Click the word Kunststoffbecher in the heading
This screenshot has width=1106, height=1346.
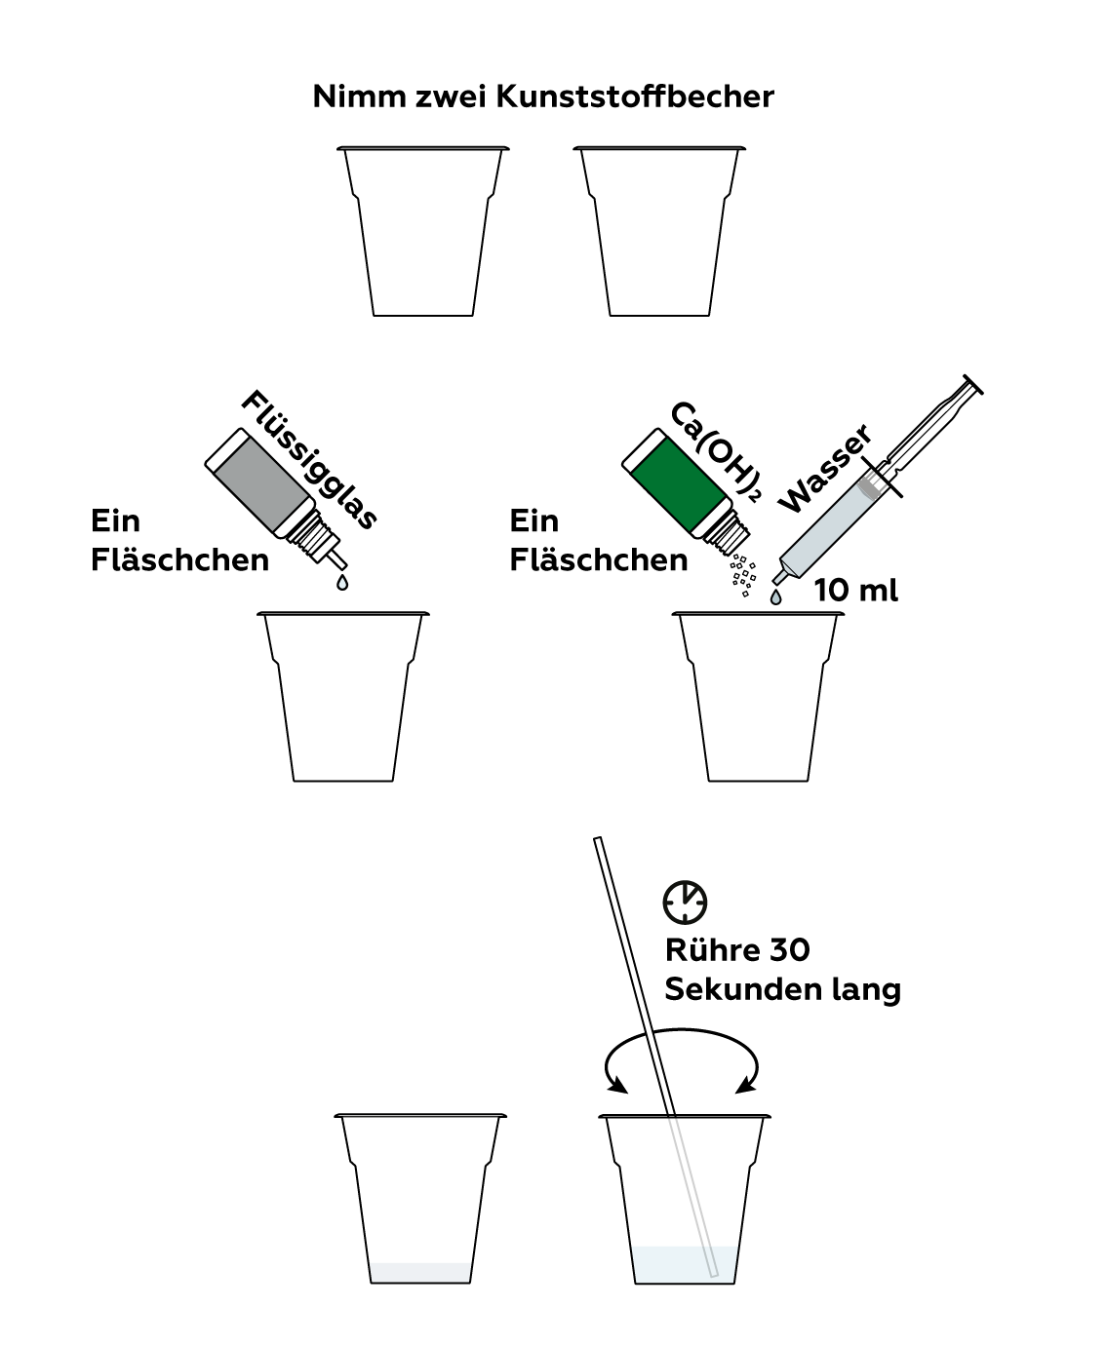[x=635, y=97]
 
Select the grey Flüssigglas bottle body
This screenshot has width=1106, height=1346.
[x=261, y=483]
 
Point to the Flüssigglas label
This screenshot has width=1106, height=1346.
[x=309, y=459]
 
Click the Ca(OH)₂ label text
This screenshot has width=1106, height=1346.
[x=717, y=451]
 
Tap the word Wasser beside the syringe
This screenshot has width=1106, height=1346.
[x=825, y=468]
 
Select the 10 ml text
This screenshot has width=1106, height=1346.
[x=855, y=590]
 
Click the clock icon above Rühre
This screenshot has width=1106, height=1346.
[x=685, y=903]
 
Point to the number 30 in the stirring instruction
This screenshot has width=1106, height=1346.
[x=789, y=950]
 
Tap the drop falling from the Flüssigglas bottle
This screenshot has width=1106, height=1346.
[x=342, y=582]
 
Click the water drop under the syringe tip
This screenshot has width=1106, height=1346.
[x=776, y=596]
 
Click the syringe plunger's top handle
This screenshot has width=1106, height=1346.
[x=972, y=385]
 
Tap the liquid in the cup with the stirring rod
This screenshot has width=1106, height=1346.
[x=684, y=1264]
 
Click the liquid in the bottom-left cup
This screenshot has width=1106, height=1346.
[x=420, y=1273]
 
